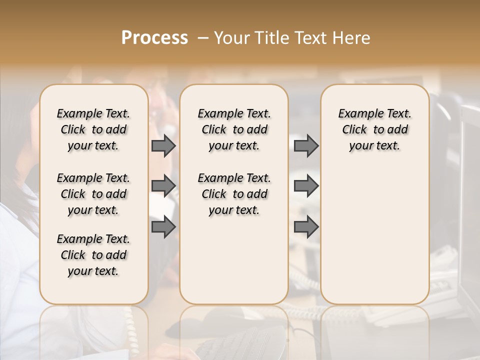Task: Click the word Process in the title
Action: [x=154, y=38]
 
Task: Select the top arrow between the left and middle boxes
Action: [x=163, y=145]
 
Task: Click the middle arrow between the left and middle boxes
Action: [x=163, y=186]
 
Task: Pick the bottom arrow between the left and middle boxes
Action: [x=163, y=227]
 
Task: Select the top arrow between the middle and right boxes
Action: [x=306, y=145]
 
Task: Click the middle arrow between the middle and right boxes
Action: [x=306, y=186]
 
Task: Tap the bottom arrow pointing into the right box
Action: [x=306, y=227]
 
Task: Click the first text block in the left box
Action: [x=93, y=129]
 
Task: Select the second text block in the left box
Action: [x=93, y=194]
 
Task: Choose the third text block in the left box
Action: [x=93, y=255]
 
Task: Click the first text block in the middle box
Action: [x=234, y=129]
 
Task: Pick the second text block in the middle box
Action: [x=234, y=194]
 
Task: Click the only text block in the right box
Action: [x=375, y=129]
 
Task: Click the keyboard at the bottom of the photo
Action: [x=235, y=345]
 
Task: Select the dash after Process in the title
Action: [x=203, y=38]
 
